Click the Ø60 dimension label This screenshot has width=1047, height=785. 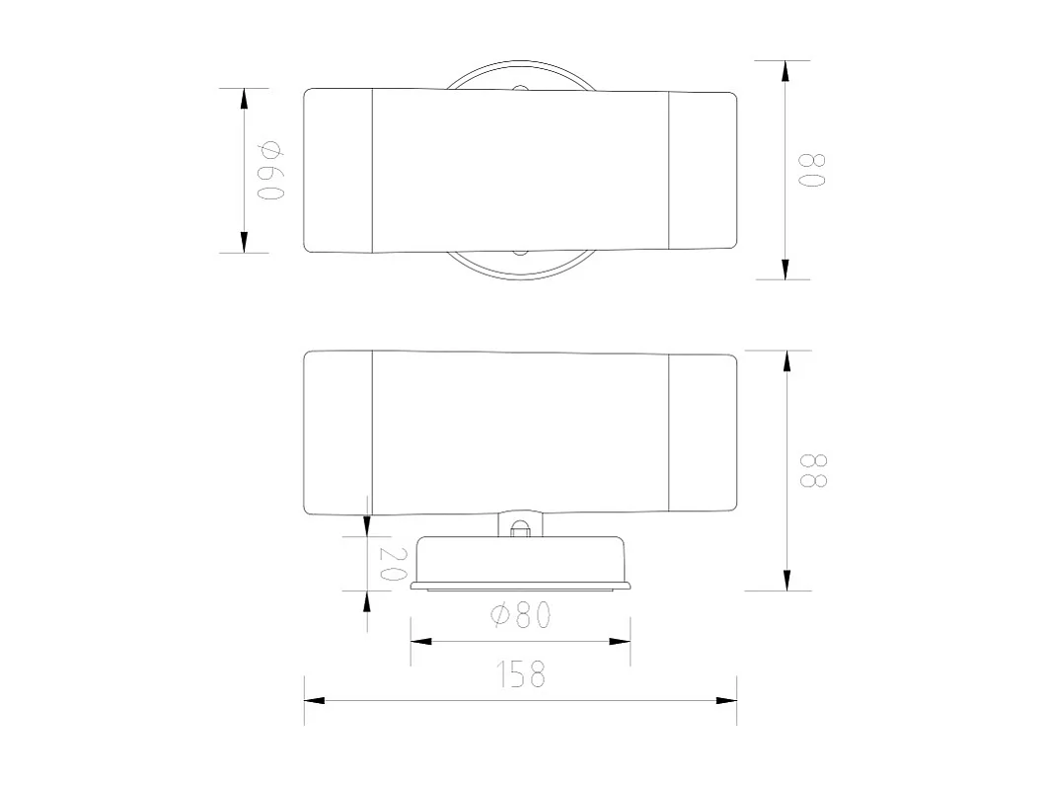(x=270, y=170)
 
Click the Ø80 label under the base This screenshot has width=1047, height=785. (x=521, y=615)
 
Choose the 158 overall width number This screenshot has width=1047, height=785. (x=521, y=674)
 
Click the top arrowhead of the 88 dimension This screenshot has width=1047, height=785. (x=786, y=361)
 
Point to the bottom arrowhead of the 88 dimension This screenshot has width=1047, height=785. (x=786, y=580)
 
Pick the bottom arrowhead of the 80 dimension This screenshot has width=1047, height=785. (x=785, y=269)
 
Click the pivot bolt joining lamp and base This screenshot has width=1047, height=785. (x=520, y=526)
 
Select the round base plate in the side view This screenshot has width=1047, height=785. (x=520, y=563)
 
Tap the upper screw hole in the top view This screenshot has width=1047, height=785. (x=519, y=90)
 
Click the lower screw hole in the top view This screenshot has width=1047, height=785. (x=519, y=251)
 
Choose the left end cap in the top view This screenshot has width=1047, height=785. (x=337, y=170)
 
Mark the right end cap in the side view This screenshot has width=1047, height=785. (x=703, y=432)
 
